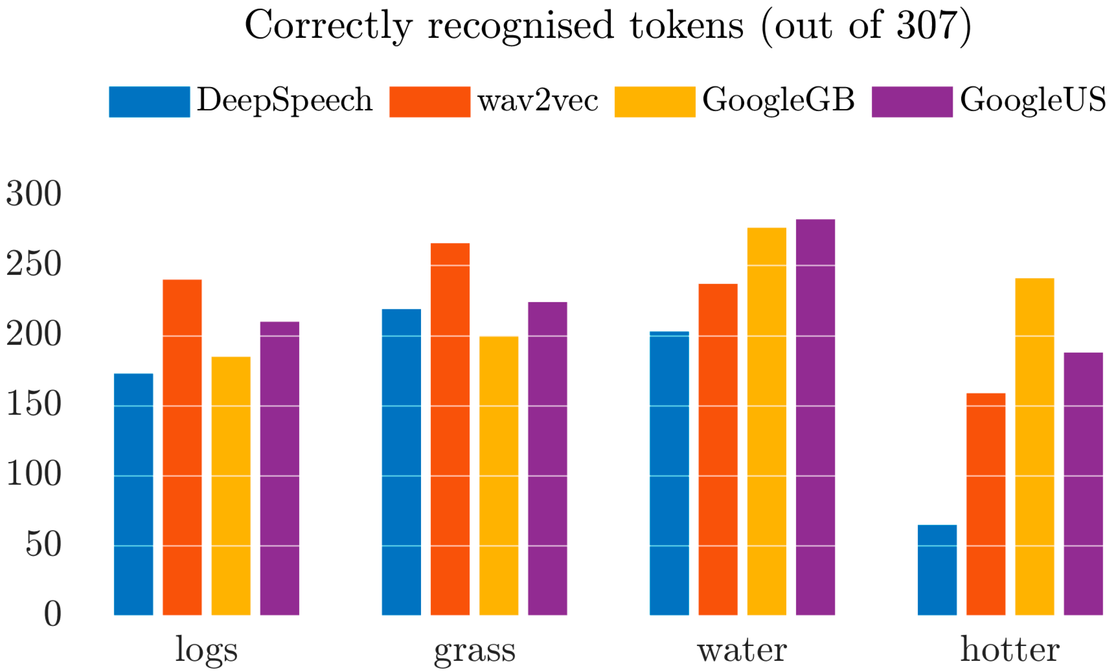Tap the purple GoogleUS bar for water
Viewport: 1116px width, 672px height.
(815, 417)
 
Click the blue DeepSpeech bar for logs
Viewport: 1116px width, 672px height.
(133, 494)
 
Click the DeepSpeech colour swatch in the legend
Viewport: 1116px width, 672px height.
(149, 101)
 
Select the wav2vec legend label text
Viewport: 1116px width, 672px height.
(538, 100)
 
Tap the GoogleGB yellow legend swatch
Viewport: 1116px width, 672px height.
(654, 101)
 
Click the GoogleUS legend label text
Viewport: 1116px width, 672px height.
(1033, 100)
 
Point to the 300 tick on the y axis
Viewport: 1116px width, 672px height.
(34, 194)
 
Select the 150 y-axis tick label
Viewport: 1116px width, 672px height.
(34, 404)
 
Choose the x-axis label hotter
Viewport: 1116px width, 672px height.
(1010, 650)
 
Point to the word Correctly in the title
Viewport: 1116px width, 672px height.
(328, 26)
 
